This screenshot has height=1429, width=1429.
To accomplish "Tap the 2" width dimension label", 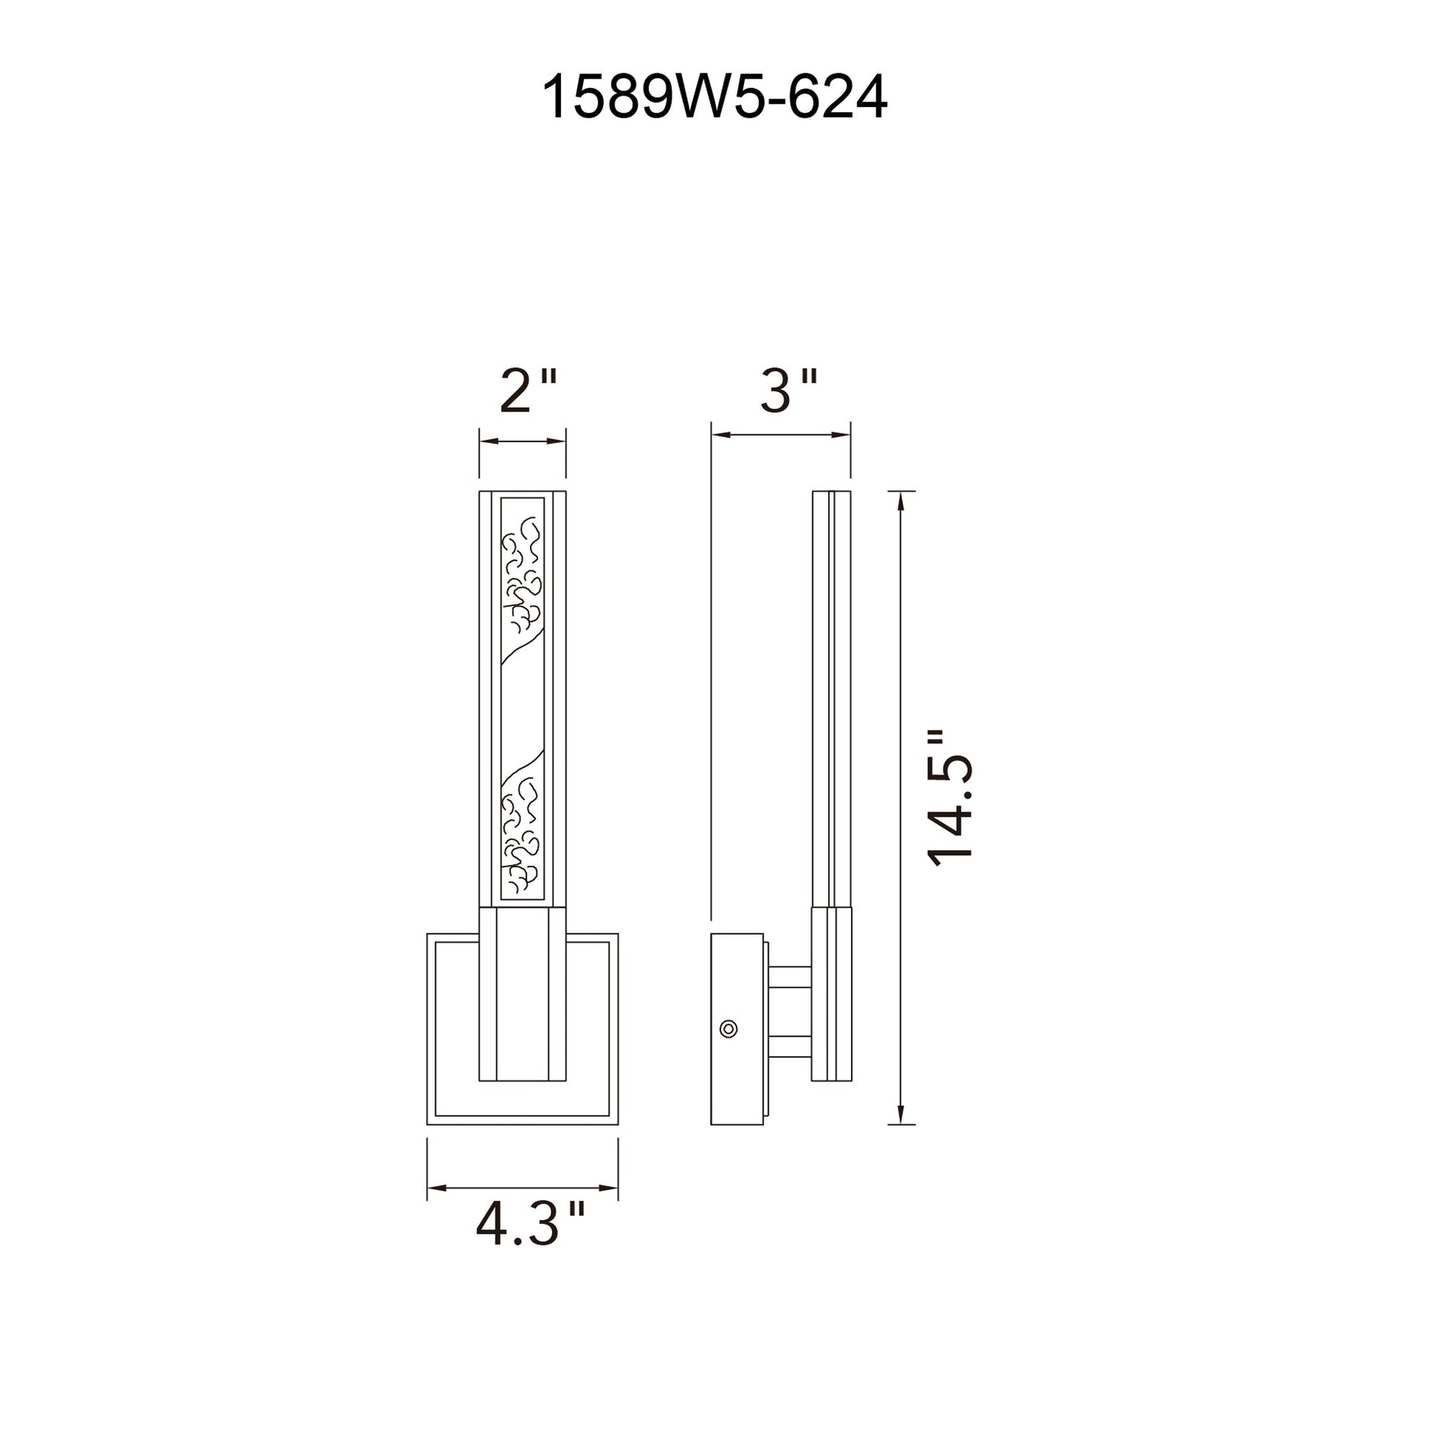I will [527, 392].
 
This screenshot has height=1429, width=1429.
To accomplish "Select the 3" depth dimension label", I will [788, 390].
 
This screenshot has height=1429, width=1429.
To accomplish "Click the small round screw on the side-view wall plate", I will [728, 1028].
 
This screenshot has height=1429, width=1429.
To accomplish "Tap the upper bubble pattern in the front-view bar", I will [523, 576].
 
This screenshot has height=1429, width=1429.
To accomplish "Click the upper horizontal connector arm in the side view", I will [790, 977].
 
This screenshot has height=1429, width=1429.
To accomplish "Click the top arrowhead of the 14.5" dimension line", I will [900, 503].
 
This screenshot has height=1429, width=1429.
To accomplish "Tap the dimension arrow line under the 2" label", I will [523, 441].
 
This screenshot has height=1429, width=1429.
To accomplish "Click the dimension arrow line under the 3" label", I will [781, 435].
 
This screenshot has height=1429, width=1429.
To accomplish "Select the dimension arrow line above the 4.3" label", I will [522, 1189].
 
